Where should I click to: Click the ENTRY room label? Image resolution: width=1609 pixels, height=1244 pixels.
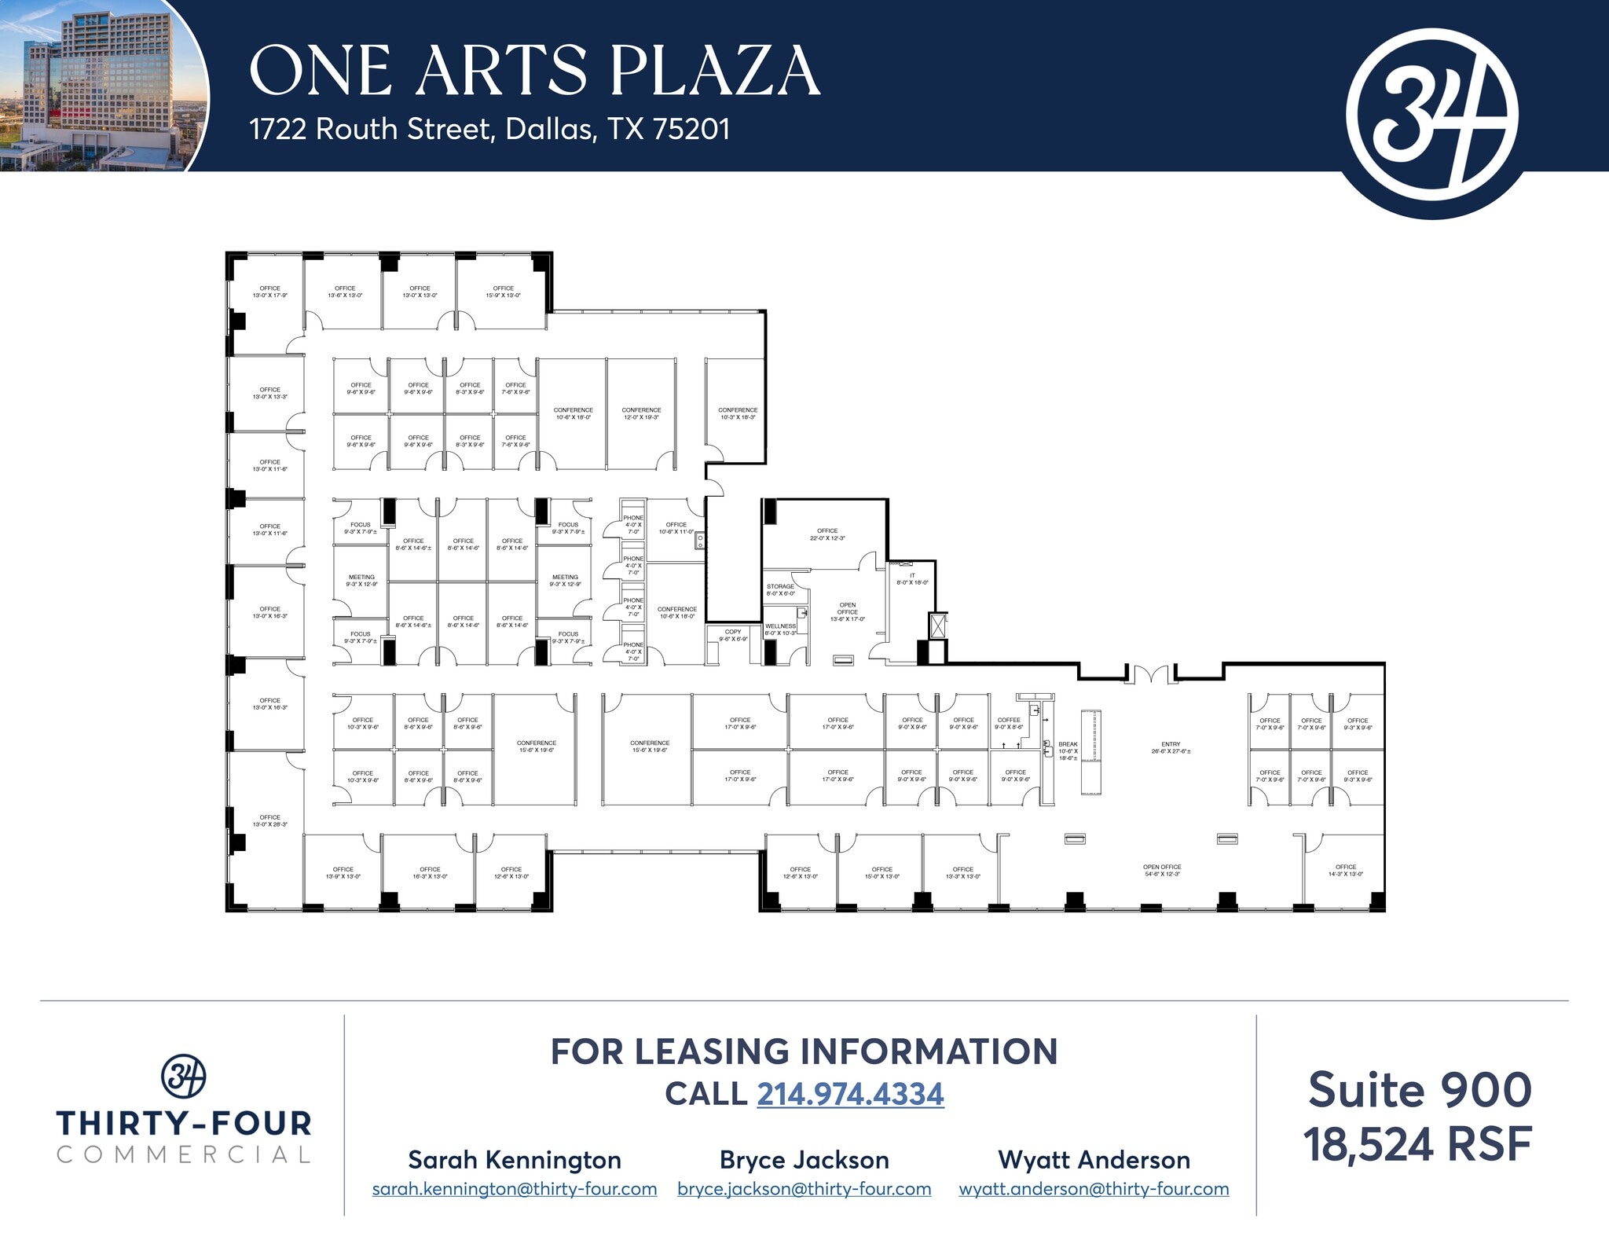pos(1171,748)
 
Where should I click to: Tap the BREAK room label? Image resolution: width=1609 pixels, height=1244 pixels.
pos(1068,751)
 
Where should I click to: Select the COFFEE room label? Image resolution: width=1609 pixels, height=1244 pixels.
pos(1009,723)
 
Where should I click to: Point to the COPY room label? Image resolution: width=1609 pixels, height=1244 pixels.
pos(733,635)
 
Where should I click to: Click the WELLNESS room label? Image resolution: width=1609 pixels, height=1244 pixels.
pos(780,629)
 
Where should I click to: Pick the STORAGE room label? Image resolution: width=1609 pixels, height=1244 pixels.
pos(780,589)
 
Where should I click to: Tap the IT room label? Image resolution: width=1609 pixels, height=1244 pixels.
pos(912,579)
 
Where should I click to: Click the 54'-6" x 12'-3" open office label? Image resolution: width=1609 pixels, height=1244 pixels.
pos(1162,870)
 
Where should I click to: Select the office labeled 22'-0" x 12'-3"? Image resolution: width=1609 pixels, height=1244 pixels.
pos(826,534)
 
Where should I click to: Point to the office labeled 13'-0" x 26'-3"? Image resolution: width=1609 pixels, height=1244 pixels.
pos(269,820)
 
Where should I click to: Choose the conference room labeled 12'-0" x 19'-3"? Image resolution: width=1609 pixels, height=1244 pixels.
pos(641,413)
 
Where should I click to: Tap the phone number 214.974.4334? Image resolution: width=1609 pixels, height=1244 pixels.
pos(850,1094)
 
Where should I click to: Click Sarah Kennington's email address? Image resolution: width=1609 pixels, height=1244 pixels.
pos(515,1189)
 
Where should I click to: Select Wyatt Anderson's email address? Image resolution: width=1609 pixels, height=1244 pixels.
pos(1094,1189)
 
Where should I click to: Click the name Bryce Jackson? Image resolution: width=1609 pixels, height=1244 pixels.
pos(804,1160)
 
